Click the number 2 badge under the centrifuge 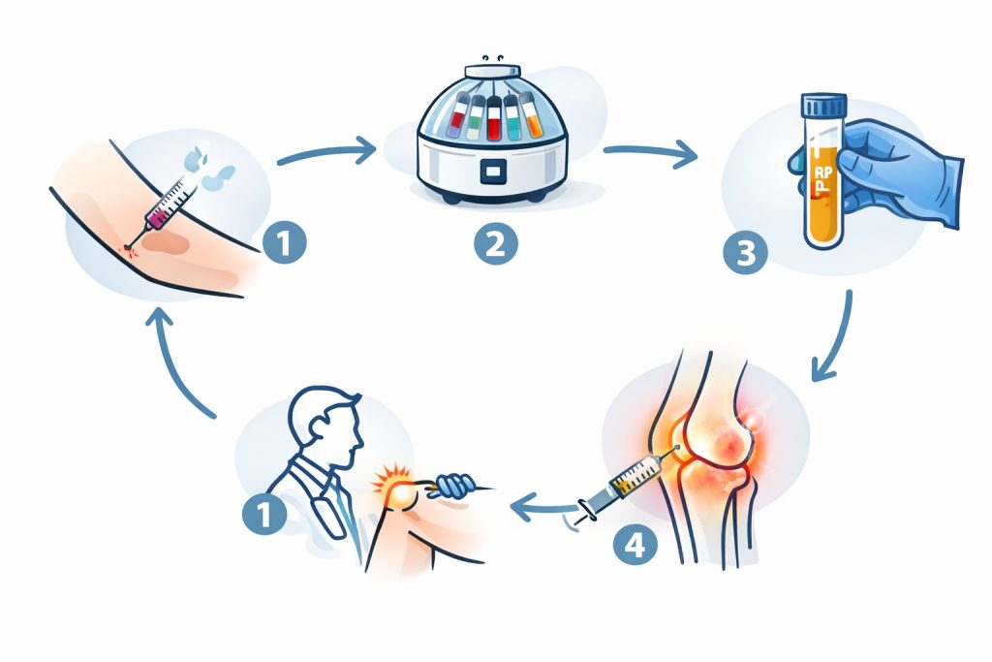495,243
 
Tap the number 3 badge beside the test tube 745,253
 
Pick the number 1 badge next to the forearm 285,241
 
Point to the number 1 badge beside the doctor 264,513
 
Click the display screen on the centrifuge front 494,172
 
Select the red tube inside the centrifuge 494,117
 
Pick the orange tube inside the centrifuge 532,115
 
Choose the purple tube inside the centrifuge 458,115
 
